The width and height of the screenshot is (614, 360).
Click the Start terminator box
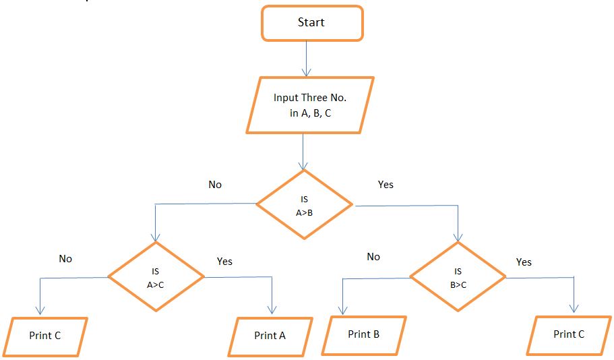pyautogui.click(x=311, y=23)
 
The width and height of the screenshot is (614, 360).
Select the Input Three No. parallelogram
pyautogui.click(x=310, y=104)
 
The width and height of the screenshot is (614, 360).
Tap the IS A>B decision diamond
pyautogui.click(x=304, y=204)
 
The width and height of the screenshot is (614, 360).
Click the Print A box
pyautogui.click(x=270, y=336)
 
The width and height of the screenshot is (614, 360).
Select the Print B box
pyautogui.click(x=363, y=334)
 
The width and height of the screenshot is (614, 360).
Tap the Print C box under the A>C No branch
pyautogui.click(x=45, y=336)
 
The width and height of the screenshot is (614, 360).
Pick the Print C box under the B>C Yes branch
pyautogui.click(x=569, y=334)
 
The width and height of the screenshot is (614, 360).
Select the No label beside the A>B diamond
pyautogui.click(x=215, y=185)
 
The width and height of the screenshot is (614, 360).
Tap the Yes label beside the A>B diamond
pyautogui.click(x=386, y=185)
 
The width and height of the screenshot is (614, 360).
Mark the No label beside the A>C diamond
pyautogui.click(x=65, y=259)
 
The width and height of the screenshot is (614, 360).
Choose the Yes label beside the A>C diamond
pyautogui.click(x=225, y=262)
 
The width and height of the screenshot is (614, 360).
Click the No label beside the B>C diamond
pyautogui.click(x=373, y=257)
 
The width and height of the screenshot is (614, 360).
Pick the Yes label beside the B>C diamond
pyautogui.click(x=524, y=262)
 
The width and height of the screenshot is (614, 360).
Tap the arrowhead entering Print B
pyautogui.click(x=343, y=310)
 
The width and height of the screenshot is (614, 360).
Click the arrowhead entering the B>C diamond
pyautogui.click(x=458, y=237)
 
